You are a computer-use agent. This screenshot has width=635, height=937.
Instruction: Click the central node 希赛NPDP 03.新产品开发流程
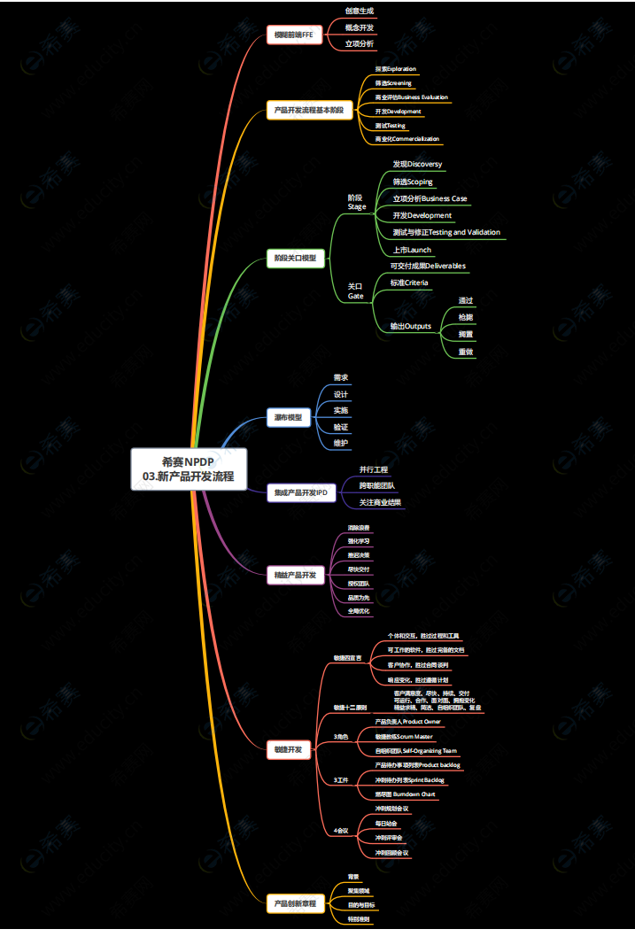pos(188,468)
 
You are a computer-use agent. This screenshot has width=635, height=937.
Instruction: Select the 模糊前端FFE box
pos(294,35)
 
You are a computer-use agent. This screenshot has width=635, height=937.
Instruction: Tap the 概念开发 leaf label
pos(359,27)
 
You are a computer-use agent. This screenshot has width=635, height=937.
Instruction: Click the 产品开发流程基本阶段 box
pos(310,111)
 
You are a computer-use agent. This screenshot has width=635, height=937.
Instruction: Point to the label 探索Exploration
pos(395,68)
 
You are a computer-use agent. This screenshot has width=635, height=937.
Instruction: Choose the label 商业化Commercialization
pos(407,139)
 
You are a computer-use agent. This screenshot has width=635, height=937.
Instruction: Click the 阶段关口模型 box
pos(296,259)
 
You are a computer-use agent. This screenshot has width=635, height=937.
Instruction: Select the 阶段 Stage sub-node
pos(356,202)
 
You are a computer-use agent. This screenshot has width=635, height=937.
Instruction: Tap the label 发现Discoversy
pos(417,165)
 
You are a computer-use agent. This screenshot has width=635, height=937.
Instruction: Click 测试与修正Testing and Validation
pos(446,232)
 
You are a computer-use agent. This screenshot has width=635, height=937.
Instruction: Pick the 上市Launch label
pos(412,250)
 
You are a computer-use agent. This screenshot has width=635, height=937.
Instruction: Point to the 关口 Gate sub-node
pos(355,291)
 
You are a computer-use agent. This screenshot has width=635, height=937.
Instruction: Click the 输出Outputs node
pos(411,326)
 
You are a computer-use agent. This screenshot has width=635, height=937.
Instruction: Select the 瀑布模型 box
pos(288,417)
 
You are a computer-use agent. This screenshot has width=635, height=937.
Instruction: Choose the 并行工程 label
pos(373,469)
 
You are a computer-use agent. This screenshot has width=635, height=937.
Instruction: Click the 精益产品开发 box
pos(296,575)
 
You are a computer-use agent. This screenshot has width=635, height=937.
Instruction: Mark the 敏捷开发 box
pos(288,750)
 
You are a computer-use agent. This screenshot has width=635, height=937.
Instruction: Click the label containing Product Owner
pos(408,722)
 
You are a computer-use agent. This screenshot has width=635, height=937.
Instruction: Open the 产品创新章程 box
pos(296,903)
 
